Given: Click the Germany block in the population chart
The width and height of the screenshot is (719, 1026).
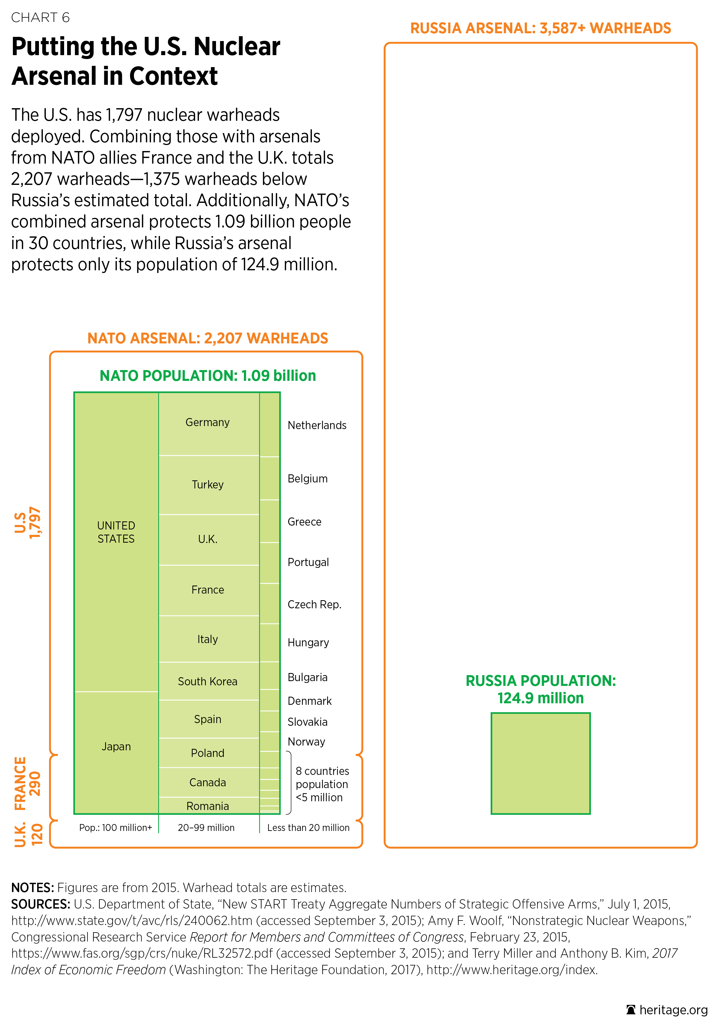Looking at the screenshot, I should pyautogui.click(x=208, y=423).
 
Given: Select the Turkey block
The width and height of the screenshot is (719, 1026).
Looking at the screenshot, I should pyautogui.click(x=208, y=485).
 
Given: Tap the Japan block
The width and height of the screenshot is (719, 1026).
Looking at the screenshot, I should pyautogui.click(x=116, y=747).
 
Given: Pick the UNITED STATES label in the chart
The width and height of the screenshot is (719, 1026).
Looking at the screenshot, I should pyautogui.click(x=116, y=532).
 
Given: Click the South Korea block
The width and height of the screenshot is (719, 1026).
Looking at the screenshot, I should pyautogui.click(x=208, y=681).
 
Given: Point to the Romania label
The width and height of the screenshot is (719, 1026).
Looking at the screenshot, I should pyautogui.click(x=208, y=806).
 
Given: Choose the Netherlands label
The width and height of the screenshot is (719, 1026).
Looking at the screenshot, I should pyautogui.click(x=317, y=426).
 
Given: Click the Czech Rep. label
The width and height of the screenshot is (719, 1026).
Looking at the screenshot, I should pyautogui.click(x=314, y=605).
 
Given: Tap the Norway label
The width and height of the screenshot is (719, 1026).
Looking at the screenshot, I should pyautogui.click(x=306, y=742).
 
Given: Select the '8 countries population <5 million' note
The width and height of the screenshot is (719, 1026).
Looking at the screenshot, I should pyautogui.click(x=322, y=784).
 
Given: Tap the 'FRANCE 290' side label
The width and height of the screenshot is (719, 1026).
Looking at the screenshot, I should pyautogui.click(x=28, y=783).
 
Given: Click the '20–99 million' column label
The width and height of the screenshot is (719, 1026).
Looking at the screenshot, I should pyautogui.click(x=206, y=828).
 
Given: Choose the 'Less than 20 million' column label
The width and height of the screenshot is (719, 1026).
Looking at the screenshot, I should pyautogui.click(x=308, y=828).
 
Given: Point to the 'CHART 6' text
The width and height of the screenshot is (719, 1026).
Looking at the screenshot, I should pyautogui.click(x=40, y=17).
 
